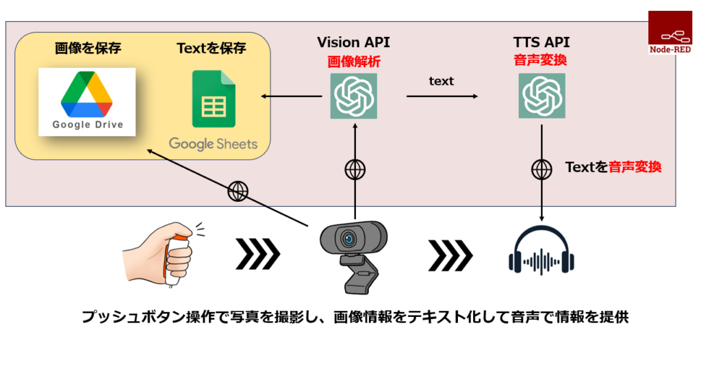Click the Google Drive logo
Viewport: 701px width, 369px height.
[x=87, y=102]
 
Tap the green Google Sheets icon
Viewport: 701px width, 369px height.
[x=214, y=99]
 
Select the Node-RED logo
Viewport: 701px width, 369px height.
[x=670, y=33]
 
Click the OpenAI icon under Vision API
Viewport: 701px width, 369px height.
[x=354, y=96]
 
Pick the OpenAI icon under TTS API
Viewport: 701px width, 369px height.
[x=542, y=96]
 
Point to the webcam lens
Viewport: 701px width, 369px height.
[x=348, y=239]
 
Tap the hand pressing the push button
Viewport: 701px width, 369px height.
[x=163, y=253]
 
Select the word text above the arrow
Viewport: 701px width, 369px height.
[x=442, y=81]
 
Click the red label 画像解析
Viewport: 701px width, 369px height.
[x=354, y=62]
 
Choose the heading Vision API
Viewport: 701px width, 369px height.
[x=353, y=42]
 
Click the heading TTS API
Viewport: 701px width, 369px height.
[x=541, y=42]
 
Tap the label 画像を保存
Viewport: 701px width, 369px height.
[x=88, y=48]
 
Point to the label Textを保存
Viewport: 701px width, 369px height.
[x=212, y=48]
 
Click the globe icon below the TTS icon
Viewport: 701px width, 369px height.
[x=542, y=170]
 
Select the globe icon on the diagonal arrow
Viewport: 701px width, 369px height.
[x=238, y=191]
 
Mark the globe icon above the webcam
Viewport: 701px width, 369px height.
[x=355, y=170]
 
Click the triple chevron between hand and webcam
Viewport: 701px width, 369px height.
[x=258, y=254]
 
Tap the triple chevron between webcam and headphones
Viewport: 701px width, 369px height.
[x=450, y=255]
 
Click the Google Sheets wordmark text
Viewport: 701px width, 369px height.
[x=214, y=144]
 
